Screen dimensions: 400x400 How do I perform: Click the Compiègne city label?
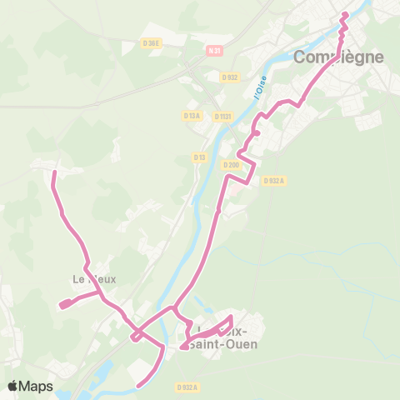(338, 57)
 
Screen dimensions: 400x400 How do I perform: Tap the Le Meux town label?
(94, 279)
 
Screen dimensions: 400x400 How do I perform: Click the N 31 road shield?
(215, 51)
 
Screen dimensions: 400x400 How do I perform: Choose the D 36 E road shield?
(151, 43)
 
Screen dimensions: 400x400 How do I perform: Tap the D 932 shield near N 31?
(231, 77)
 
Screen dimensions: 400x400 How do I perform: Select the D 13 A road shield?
(192, 116)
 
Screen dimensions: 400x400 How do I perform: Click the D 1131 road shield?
(222, 117)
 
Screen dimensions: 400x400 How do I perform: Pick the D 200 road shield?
(231, 164)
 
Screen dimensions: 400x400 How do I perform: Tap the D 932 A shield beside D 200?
(273, 180)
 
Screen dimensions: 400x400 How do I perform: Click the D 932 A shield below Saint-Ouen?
(187, 387)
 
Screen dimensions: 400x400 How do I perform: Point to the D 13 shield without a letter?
(199, 157)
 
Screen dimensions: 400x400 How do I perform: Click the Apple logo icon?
(12, 386)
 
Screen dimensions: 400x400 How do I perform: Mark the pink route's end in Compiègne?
(345, 14)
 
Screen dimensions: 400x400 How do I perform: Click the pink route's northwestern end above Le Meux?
(54, 172)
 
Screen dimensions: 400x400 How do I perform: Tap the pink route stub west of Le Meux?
(62, 305)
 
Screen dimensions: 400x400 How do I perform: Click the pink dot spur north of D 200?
(257, 133)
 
